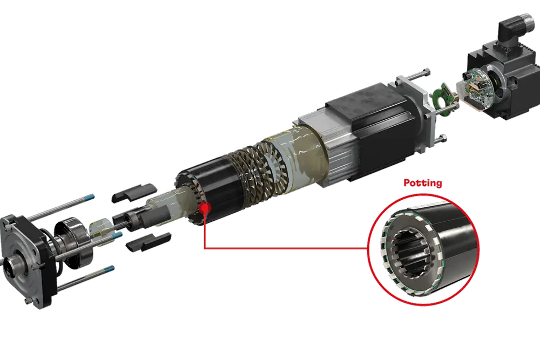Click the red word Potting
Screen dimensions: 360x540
[422, 184]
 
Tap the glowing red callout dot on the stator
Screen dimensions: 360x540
[204, 207]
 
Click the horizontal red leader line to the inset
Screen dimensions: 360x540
[286, 249]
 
